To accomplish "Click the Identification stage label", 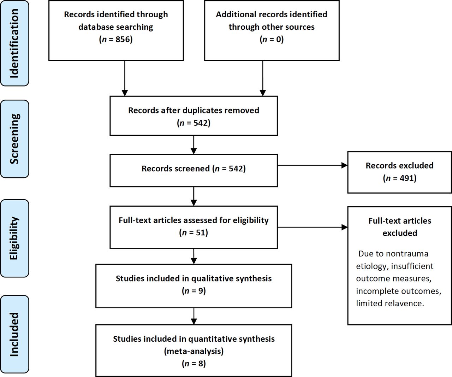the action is [x=14, y=43].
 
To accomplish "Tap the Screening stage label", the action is [x=14, y=139].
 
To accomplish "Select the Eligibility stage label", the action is [x=14, y=238].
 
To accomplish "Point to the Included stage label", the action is [x=14, y=335].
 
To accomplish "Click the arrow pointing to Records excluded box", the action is [x=313, y=165].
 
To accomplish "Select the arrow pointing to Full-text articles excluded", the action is [x=313, y=227].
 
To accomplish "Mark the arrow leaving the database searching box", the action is [x=125, y=78].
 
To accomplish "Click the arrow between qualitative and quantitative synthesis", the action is [x=194, y=316].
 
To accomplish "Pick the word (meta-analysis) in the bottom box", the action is [x=194, y=351].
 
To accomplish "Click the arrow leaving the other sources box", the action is [x=263, y=78].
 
